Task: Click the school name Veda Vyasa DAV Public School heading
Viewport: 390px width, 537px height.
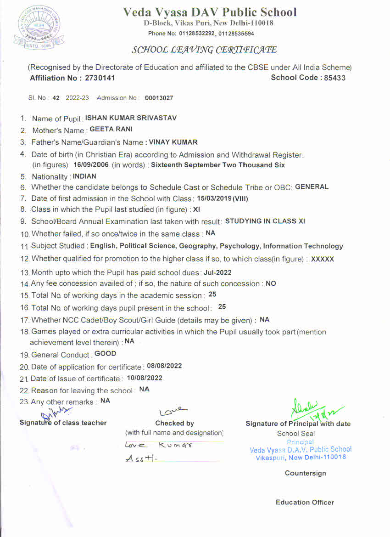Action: [210, 12]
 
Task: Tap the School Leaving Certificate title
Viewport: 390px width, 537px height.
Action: [204, 50]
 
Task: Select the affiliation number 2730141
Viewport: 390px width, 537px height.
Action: [100, 78]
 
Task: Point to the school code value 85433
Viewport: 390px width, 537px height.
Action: [334, 78]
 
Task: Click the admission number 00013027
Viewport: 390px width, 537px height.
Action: [159, 98]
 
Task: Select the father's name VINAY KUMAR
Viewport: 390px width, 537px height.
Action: [173, 142]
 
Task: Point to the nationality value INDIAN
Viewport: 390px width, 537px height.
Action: [84, 176]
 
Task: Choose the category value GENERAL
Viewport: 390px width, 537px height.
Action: [312, 187]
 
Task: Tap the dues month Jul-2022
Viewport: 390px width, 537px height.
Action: [217, 272]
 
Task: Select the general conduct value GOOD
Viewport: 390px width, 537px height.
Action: [105, 354]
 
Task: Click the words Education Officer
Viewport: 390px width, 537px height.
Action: [305, 502]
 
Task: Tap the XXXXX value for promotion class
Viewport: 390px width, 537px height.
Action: [322, 259]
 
